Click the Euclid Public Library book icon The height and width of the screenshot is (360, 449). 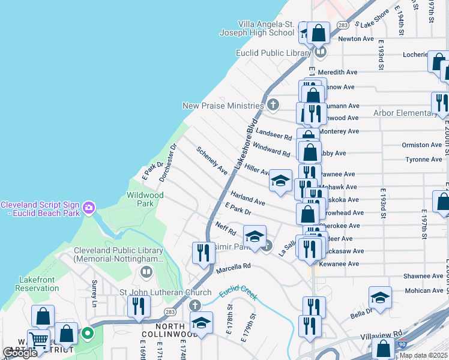[321, 53]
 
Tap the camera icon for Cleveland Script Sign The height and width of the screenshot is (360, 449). [89, 208]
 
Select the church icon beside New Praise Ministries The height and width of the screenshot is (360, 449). [273, 106]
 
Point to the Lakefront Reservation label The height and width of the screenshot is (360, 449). [29, 283]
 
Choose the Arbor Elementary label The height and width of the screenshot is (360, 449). [405, 113]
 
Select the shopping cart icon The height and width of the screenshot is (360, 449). [39, 340]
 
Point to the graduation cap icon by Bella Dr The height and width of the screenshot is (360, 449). [380, 297]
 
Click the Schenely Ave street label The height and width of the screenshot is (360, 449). [212, 161]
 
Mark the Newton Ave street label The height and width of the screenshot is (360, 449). [356, 38]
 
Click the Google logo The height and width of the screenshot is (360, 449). [20, 353]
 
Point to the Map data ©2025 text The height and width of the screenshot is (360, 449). [423, 355]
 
